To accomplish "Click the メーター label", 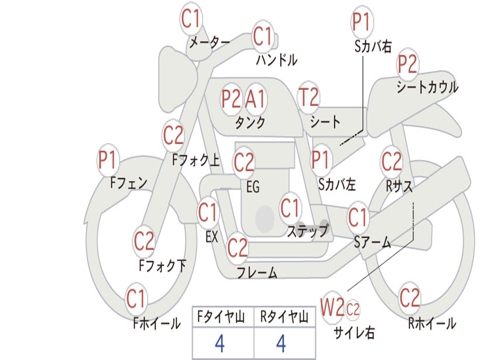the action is coord(209,43).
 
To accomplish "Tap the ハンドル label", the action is coord(277,60).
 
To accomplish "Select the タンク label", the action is coord(250,122).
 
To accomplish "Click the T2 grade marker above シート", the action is coord(308,98).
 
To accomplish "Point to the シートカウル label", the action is coord(427,87).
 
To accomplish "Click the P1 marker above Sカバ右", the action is coord(361,21).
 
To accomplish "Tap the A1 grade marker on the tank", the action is coord(255,99).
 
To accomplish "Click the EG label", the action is coord(253,187).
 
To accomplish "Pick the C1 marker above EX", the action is coord(208,213).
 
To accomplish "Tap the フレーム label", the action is coord(257,273).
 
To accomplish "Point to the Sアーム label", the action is coord(372,242).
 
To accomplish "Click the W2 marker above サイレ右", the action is coord(332,308).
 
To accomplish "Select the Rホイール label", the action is coord(432,323).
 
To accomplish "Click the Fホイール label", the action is coord(157,323).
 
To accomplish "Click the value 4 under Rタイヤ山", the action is coord(281,344).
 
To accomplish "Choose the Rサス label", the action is coord(399,186).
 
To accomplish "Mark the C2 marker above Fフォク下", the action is coord(144,241).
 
